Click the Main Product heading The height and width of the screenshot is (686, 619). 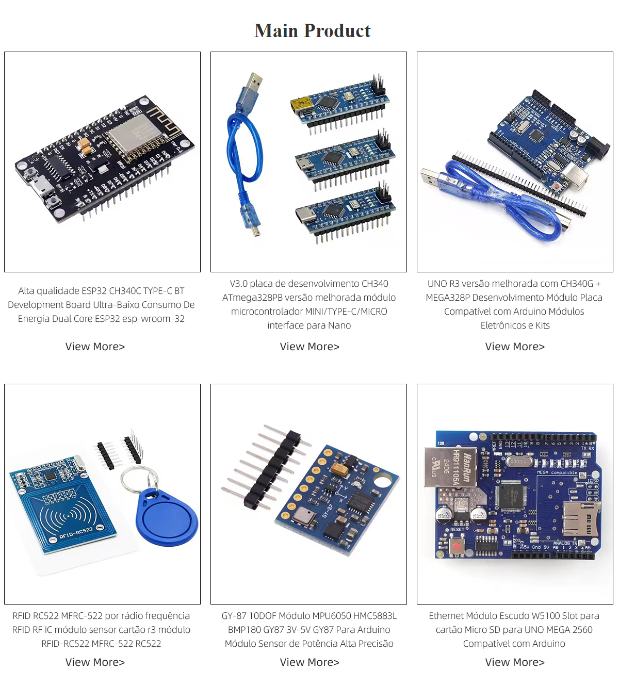click(x=312, y=31)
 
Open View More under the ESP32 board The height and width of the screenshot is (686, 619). click(x=95, y=347)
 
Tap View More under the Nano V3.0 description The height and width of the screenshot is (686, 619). click(x=309, y=347)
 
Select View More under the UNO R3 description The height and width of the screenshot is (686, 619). click(x=515, y=347)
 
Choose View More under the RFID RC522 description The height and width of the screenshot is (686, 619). click(x=95, y=662)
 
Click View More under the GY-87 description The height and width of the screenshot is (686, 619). click(x=309, y=662)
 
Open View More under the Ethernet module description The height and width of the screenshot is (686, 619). click(x=515, y=662)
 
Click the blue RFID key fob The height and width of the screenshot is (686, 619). click(x=167, y=518)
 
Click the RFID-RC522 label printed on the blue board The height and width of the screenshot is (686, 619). click(x=76, y=533)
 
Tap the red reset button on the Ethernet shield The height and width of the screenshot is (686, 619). click(x=457, y=546)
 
